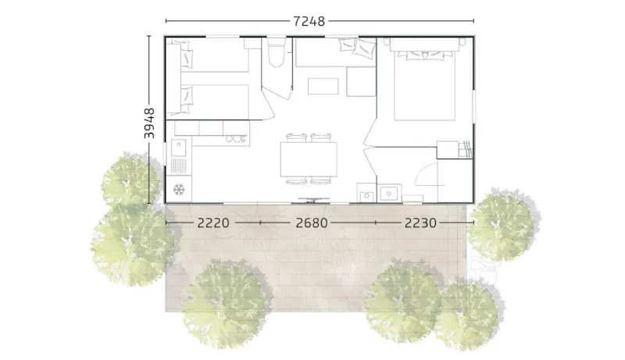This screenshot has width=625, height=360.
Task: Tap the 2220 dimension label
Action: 212,223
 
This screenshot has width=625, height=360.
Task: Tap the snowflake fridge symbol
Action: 179,190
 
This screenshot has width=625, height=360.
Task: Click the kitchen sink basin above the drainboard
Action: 179,146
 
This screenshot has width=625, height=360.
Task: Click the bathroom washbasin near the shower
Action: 388,191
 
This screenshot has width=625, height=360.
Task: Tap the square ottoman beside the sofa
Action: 360,81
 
